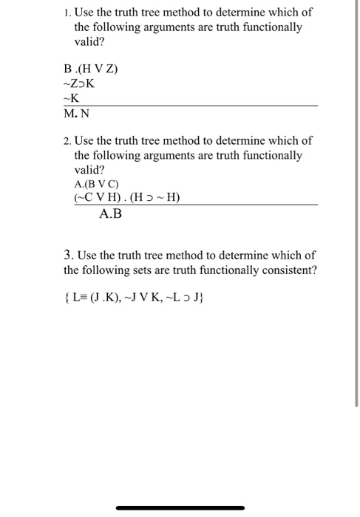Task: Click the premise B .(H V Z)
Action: point(91,70)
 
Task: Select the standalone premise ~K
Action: point(72,98)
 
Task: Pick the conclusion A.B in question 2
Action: point(109,215)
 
